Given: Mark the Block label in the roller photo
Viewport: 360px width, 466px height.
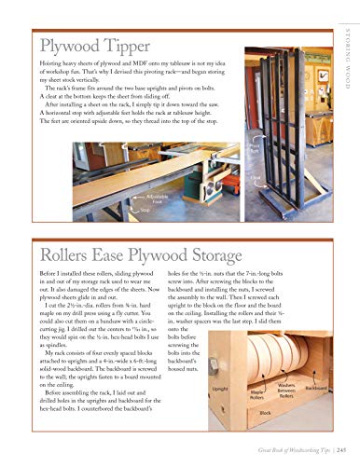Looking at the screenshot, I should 265,413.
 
